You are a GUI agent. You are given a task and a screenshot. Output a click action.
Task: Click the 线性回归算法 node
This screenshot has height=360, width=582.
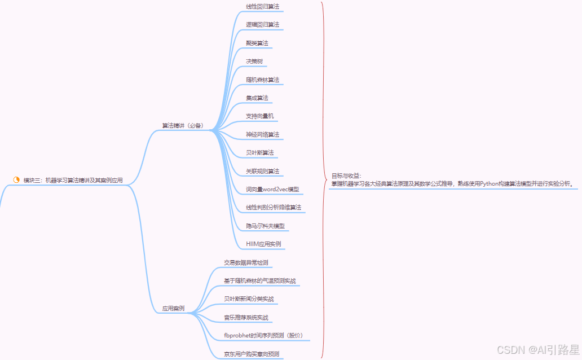[262, 7]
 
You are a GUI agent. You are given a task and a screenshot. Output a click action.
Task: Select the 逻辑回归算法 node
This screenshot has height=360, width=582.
[262, 25]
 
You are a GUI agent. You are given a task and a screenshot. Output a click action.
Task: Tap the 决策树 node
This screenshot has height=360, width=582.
[254, 61]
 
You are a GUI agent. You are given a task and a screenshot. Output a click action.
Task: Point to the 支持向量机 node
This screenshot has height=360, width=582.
[259, 116]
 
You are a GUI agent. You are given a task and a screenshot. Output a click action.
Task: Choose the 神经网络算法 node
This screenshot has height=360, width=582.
[262, 134]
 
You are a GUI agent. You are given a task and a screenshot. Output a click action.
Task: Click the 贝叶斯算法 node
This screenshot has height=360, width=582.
[259, 152]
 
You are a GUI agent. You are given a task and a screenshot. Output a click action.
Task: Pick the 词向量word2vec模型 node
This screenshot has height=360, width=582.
[272, 189]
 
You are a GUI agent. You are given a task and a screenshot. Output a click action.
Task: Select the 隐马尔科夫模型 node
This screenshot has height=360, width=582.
[265, 226]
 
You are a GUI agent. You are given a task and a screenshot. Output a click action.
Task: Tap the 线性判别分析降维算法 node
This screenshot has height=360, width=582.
[274, 208]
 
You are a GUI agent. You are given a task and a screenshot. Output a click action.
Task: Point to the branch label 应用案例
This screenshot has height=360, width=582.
[173, 309]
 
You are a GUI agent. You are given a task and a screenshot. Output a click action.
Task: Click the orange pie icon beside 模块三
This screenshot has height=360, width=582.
[16, 180]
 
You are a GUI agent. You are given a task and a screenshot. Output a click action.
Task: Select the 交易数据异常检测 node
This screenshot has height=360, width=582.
[246, 262]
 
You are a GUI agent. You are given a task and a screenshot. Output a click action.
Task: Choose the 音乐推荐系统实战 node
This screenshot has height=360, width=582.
[246, 317]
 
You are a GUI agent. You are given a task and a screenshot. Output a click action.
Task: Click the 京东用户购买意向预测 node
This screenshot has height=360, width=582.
[252, 354]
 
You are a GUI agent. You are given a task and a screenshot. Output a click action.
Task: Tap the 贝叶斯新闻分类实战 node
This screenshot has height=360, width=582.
[249, 298]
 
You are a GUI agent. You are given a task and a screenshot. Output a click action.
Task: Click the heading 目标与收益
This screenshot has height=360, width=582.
[346, 175]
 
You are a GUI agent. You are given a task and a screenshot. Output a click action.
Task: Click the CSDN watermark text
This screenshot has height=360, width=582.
[506, 350]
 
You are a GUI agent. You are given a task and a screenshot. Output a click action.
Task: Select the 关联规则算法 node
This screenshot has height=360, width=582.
[262, 171]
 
